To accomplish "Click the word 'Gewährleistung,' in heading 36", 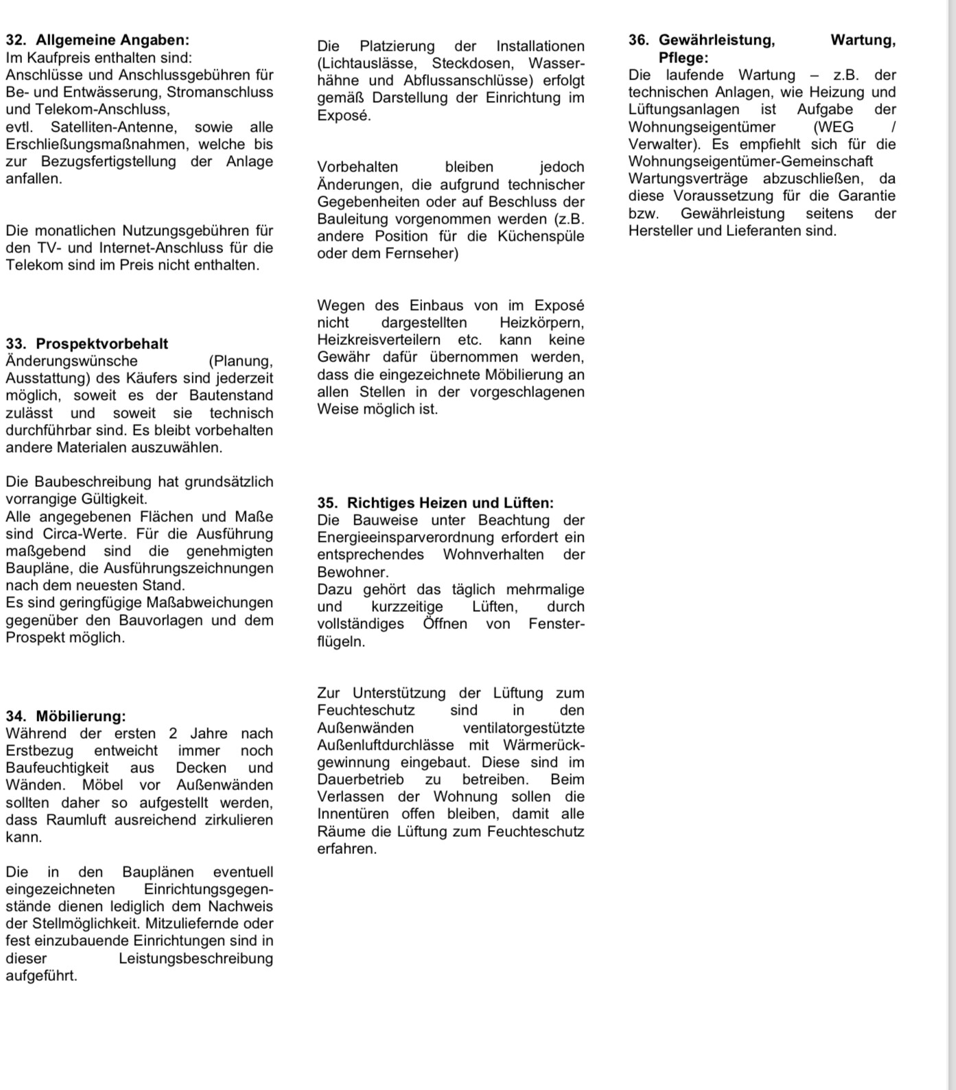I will [x=716, y=40].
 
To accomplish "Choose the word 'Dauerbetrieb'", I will [x=360, y=779].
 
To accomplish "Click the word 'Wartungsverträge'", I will [x=687, y=178].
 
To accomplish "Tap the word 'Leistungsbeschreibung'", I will [x=196, y=958].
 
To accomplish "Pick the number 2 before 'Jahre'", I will [x=174, y=733].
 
